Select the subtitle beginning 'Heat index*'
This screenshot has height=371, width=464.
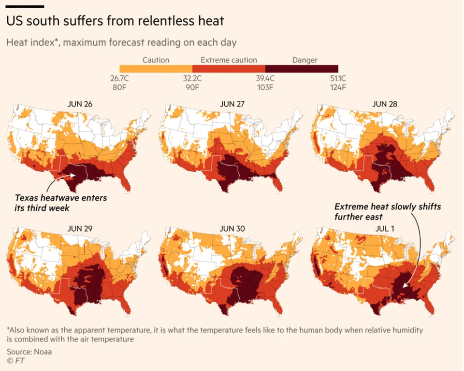121,42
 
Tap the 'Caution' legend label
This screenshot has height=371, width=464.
156,60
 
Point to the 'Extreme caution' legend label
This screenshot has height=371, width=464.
229,60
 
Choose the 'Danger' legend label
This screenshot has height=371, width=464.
305,60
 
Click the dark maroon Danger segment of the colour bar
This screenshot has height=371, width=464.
302,69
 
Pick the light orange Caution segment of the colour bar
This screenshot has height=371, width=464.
156,69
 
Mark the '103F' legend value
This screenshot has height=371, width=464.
265,87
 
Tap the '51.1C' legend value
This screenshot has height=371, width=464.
337,78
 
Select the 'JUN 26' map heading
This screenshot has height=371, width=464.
80,103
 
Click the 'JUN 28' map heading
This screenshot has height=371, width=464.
385,103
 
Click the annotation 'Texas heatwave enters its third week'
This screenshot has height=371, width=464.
61,203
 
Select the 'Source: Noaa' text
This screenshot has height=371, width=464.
29,352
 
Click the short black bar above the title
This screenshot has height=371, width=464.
25,6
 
